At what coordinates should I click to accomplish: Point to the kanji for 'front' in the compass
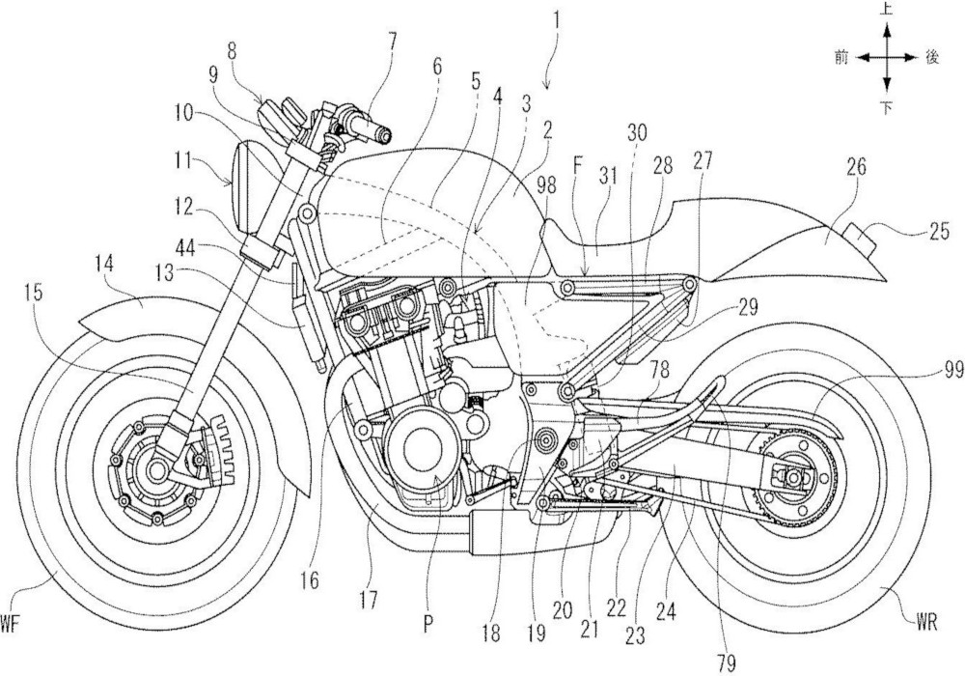[x=841, y=58]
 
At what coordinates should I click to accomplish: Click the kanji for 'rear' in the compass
[x=932, y=58]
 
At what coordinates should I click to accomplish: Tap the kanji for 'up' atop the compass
[x=887, y=9]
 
